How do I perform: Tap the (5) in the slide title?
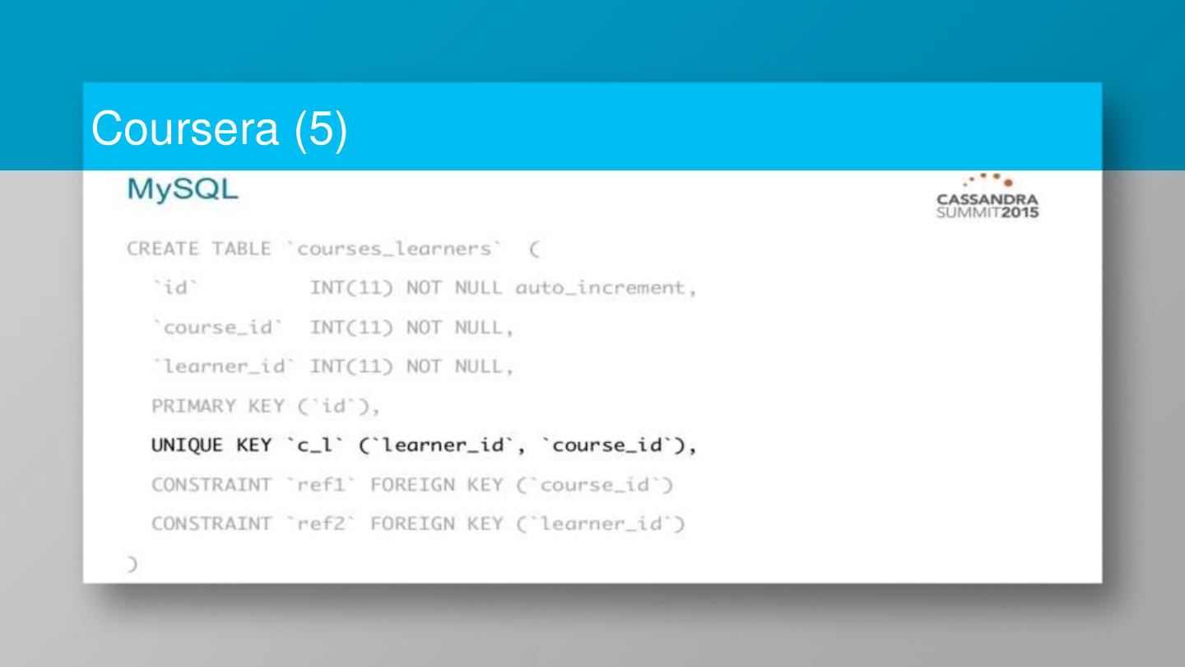320,130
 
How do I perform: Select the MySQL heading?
182,190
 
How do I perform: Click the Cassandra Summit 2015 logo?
987,198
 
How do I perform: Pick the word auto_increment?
605,288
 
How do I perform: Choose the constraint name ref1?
314,485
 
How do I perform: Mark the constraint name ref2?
314,524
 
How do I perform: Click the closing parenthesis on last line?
131,564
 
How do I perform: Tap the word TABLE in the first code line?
240,249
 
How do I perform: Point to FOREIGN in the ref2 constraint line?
412,524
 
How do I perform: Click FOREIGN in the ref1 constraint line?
412,485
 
